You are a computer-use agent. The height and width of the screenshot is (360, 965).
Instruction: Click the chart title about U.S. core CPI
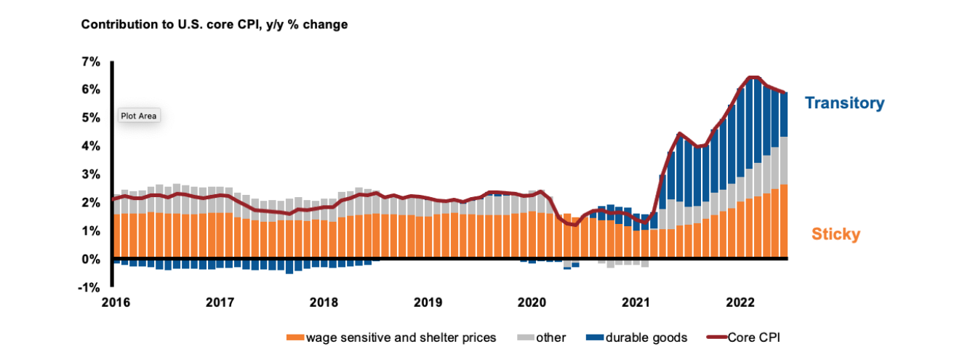pyautogui.click(x=215, y=25)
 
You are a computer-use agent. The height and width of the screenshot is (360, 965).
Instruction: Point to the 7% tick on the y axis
pyautogui.click(x=91, y=62)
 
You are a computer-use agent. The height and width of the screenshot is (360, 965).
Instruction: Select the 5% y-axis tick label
pyautogui.click(x=91, y=118)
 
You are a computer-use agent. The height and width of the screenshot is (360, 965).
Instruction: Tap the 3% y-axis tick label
pyautogui.click(x=91, y=175)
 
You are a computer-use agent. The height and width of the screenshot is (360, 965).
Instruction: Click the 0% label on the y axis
pyautogui.click(x=91, y=260)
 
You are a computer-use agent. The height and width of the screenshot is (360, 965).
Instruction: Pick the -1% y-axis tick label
pyautogui.click(x=89, y=288)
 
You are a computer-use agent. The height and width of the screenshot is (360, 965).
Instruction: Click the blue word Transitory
pyautogui.click(x=844, y=103)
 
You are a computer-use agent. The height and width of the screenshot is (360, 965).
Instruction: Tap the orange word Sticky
pyautogui.click(x=836, y=234)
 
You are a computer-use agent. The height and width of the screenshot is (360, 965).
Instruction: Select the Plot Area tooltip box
pyautogui.click(x=139, y=116)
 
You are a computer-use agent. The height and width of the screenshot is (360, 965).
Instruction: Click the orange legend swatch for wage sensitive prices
pyautogui.click(x=295, y=337)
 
